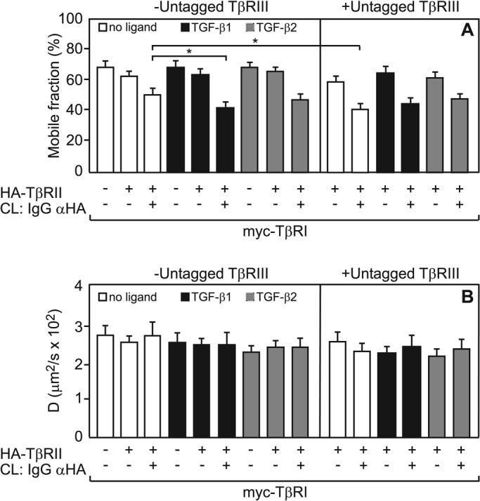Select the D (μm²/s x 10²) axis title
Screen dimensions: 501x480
(x=58, y=361)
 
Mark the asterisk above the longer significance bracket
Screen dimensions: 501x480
(x=254, y=42)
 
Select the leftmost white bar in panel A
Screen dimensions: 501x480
(x=106, y=119)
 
